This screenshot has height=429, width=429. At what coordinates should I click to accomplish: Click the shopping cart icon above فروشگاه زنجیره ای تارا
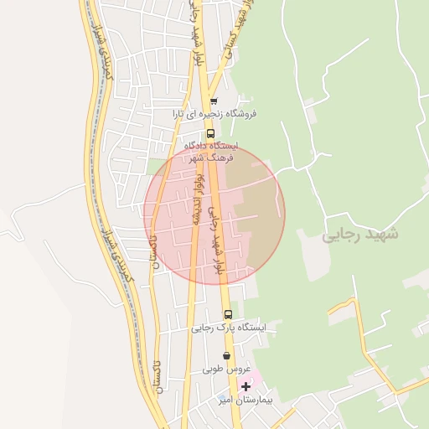click(x=214, y=101)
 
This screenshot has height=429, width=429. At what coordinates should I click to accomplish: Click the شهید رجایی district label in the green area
click(x=360, y=235)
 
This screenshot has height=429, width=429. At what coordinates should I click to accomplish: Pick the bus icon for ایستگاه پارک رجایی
click(x=228, y=314)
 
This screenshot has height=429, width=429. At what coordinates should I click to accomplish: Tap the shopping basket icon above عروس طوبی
click(x=226, y=355)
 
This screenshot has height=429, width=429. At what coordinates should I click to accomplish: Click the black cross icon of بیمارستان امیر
click(x=246, y=386)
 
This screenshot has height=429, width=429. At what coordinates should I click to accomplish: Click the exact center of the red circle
click(x=214, y=214)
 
